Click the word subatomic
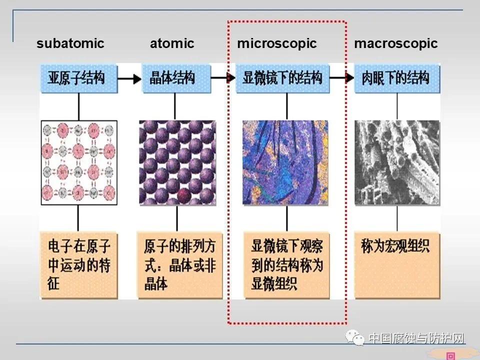pyautogui.click(x=70, y=43)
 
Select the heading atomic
pyautogui.click(x=171, y=43)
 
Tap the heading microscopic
pyautogui.click(x=276, y=43)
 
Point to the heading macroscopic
pyautogui.click(x=395, y=43)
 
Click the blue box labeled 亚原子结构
pyautogui.click(x=79, y=78)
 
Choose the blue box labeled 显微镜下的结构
pyautogui.click(x=283, y=78)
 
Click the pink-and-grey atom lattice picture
pyautogui.click(x=79, y=162)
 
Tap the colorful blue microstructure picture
pyautogui.click(x=285, y=162)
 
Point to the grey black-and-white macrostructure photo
pyautogui.click(x=397, y=162)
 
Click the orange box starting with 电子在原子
pyautogui.click(x=79, y=265)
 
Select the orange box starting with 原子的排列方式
pyautogui.click(x=179, y=265)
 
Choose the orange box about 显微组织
pyautogui.click(x=286, y=265)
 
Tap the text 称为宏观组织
pyautogui.click(x=395, y=246)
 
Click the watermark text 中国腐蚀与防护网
pyautogui.click(x=416, y=338)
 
